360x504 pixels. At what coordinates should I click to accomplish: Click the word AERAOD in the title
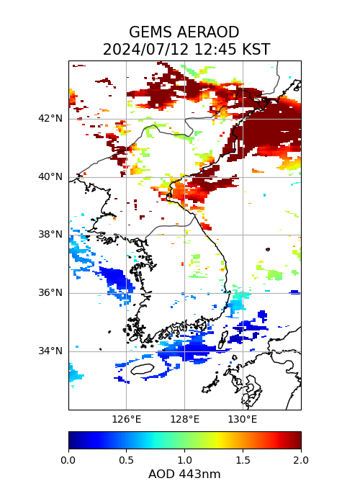(208, 32)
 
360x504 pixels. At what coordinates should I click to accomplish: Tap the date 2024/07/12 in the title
(146, 50)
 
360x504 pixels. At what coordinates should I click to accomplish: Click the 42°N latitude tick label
(50, 119)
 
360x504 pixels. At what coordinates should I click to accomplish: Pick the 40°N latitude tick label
(50, 177)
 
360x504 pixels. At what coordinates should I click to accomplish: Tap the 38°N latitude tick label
(50, 235)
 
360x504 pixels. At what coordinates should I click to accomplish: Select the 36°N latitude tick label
(50, 293)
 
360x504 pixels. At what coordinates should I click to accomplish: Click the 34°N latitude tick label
(50, 351)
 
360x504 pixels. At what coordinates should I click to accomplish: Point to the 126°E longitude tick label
(126, 420)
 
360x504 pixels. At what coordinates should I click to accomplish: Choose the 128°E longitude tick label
(185, 420)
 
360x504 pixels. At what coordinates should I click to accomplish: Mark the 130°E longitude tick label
(243, 420)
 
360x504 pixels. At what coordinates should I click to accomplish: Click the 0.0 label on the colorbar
(68, 460)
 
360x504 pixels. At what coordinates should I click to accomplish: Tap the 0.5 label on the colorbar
(126, 460)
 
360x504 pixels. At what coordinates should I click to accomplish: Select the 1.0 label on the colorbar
(185, 460)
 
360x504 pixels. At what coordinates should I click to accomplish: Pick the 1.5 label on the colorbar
(243, 460)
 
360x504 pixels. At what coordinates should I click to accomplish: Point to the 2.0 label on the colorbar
(301, 460)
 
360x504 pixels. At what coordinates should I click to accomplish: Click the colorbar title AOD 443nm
(184, 474)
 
